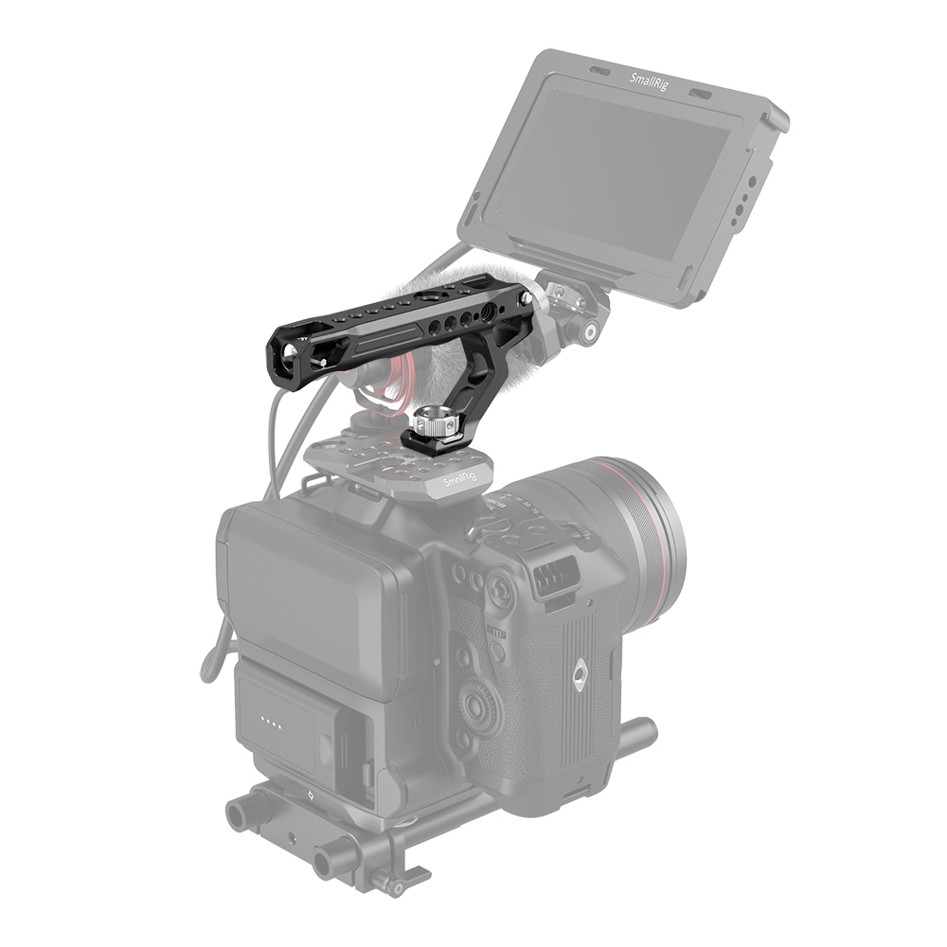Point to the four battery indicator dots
coord(271,726)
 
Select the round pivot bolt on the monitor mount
coord(590,332)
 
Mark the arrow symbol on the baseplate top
coord(309,797)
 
